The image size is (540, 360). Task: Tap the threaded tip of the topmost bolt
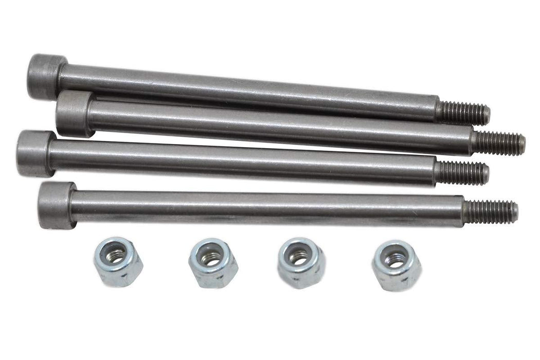[463, 113]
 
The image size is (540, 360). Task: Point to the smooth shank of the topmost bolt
[247, 93]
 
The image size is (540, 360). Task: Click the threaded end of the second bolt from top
[498, 142]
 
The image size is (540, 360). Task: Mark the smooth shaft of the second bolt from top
[278, 128]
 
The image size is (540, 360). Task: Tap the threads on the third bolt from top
[462, 173]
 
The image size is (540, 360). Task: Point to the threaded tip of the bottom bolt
[491, 212]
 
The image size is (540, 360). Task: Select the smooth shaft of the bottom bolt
[267, 208]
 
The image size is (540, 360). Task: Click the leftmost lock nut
[118, 261]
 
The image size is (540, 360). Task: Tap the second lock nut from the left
[212, 262]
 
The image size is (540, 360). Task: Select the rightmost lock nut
[396, 265]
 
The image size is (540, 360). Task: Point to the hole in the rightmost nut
[394, 261]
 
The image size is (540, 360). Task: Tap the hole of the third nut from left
[298, 257]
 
